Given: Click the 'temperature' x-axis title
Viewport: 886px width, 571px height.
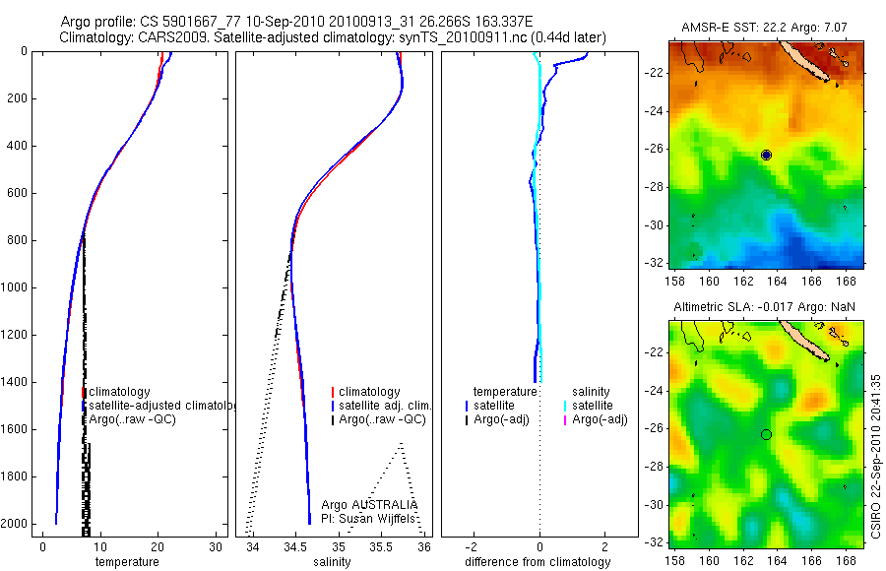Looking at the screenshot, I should tap(126, 562).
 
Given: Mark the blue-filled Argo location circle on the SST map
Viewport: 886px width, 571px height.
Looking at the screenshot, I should tap(767, 156).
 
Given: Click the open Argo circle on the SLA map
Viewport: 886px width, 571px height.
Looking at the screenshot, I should tap(766, 434).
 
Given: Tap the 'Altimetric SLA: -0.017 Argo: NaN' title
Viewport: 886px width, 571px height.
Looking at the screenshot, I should tap(764, 308).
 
